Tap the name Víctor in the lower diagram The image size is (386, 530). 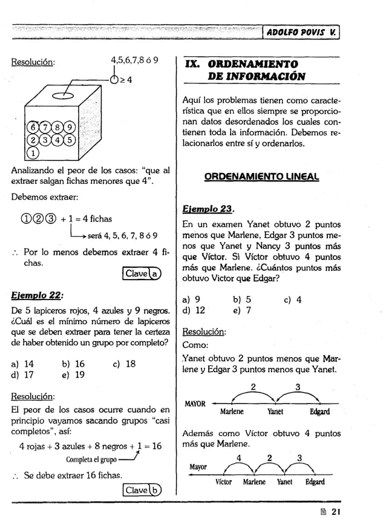pos(223,482)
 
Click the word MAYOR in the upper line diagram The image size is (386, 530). pos(194,404)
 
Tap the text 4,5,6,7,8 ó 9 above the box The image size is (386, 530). pos(134,61)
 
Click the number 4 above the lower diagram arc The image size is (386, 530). pos(240,457)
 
